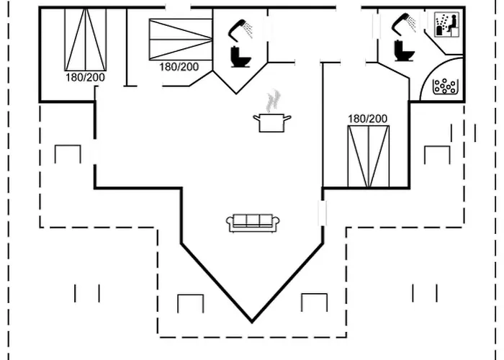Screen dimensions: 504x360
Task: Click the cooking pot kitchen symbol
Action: (271, 123)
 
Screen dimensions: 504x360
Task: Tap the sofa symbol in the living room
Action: (253, 222)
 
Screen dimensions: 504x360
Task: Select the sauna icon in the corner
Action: (446, 24)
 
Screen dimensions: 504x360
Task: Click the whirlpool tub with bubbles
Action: (445, 86)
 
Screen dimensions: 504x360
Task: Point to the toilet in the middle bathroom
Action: (240, 57)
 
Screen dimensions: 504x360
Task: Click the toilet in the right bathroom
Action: (404, 51)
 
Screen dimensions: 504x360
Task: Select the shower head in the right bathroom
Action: (403, 23)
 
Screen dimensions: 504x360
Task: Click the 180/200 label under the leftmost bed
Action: (85, 78)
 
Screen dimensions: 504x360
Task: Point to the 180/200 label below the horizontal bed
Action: (179, 67)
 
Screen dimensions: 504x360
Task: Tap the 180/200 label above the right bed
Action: (368, 119)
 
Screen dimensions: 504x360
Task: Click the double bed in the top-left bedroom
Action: (86, 40)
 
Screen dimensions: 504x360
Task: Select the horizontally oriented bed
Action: (181, 40)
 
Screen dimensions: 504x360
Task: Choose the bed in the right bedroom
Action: (369, 156)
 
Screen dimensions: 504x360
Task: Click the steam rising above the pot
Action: (273, 101)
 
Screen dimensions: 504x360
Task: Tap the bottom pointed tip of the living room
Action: (252, 322)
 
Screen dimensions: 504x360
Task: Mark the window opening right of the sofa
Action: (323, 213)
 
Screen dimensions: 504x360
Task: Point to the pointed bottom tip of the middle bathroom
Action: (236, 94)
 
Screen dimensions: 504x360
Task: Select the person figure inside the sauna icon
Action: (452, 24)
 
